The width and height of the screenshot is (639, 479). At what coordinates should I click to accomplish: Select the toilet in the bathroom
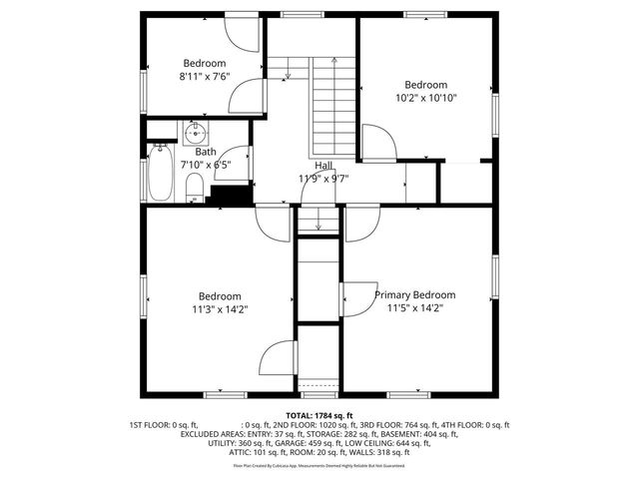click(x=196, y=186)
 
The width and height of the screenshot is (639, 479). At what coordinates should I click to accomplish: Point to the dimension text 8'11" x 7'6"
click(x=204, y=76)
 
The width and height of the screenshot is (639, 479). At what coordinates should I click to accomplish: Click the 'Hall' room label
click(x=324, y=166)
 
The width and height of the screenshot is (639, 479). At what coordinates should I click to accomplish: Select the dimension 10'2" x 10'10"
click(x=425, y=99)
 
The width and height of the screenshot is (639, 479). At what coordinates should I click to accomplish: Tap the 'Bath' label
click(x=192, y=153)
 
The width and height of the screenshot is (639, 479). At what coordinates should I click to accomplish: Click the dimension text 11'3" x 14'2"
click(x=219, y=309)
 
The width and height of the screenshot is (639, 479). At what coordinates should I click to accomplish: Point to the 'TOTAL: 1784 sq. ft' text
click(x=319, y=415)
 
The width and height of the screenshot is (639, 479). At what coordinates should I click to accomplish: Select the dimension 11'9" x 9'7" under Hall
click(x=324, y=179)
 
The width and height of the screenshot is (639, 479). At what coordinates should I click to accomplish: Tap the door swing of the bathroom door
click(x=241, y=160)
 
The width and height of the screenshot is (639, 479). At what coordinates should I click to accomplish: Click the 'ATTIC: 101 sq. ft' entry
click(x=254, y=452)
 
